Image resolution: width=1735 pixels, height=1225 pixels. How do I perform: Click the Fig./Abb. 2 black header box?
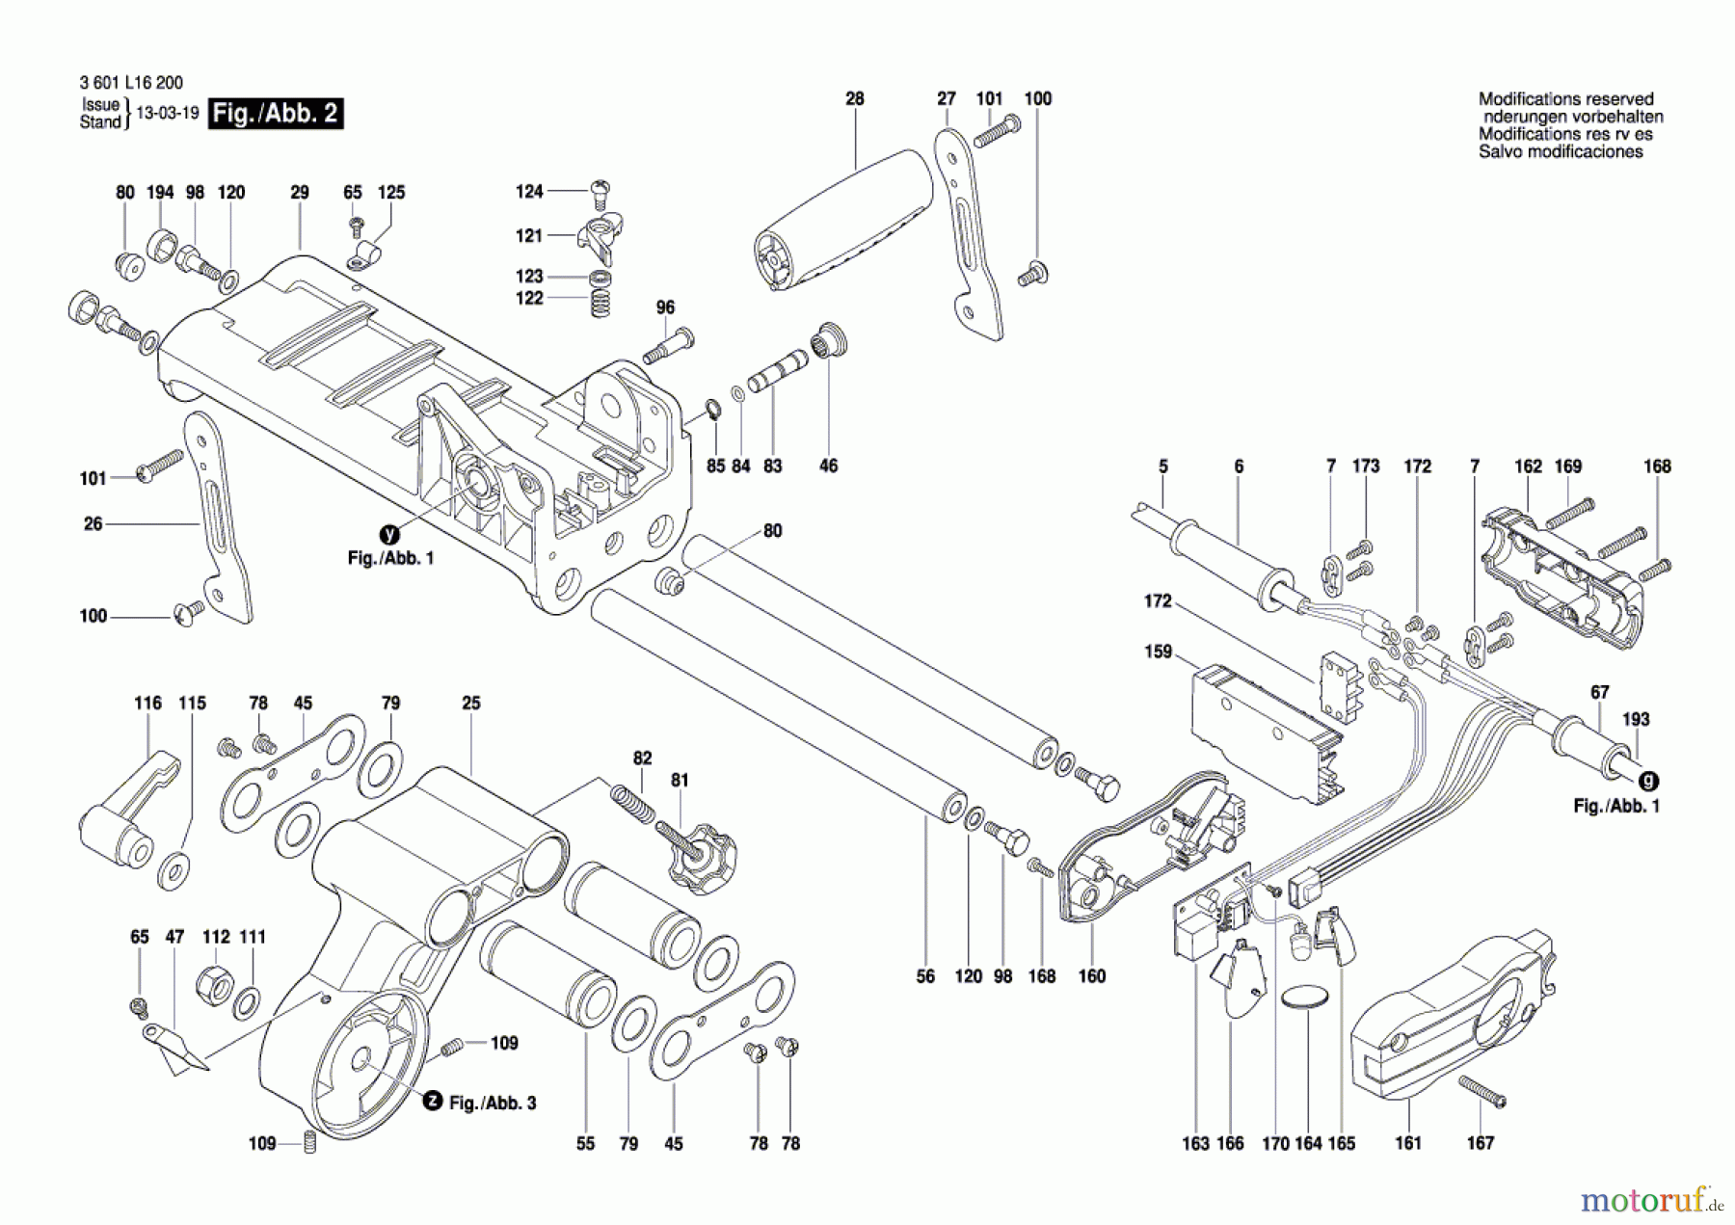tap(276, 114)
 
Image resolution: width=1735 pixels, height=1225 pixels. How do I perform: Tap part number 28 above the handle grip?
tap(855, 98)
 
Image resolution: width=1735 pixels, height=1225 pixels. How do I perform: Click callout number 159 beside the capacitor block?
tap(1158, 652)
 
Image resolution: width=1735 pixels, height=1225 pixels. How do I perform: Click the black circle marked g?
tap(1649, 782)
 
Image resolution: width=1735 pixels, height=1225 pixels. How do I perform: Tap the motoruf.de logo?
tap(1649, 1200)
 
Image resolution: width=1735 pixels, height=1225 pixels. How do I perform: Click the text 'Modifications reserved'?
tap(1565, 99)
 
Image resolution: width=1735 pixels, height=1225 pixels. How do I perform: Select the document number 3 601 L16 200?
tap(131, 83)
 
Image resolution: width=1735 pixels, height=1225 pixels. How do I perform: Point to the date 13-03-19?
tap(168, 114)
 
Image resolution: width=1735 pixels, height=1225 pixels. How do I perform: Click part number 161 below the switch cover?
tap(1407, 1143)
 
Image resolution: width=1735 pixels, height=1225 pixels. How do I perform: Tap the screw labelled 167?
tap(1481, 1092)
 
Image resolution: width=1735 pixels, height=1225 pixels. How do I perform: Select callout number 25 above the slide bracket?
tap(470, 704)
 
